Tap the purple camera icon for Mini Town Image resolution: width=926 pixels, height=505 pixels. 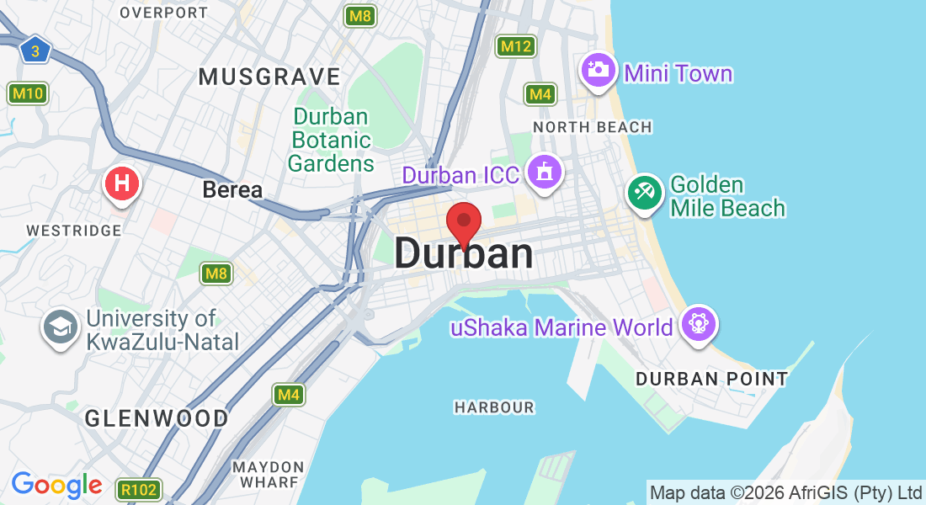(598, 70)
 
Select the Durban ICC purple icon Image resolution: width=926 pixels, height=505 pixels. (544, 173)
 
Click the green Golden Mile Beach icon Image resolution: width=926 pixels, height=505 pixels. (645, 192)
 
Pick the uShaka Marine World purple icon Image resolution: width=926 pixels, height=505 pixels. (698, 324)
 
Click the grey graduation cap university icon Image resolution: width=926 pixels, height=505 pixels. (61, 328)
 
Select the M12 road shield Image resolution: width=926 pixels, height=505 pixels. (515, 45)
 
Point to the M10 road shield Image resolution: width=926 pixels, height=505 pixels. (28, 93)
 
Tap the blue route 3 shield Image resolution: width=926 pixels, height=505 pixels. (35, 50)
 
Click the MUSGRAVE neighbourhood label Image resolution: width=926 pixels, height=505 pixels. (269, 77)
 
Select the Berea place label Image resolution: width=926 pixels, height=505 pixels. (232, 190)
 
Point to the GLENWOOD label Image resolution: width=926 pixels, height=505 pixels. (157, 418)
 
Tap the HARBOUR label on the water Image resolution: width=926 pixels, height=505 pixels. (494, 407)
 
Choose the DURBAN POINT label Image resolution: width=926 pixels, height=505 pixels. (711, 379)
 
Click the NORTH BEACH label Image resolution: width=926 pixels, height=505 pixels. (593, 127)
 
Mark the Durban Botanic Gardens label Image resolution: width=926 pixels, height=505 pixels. (331, 140)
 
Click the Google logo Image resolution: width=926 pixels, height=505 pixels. (56, 485)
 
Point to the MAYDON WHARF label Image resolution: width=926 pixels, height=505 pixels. (269, 474)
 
